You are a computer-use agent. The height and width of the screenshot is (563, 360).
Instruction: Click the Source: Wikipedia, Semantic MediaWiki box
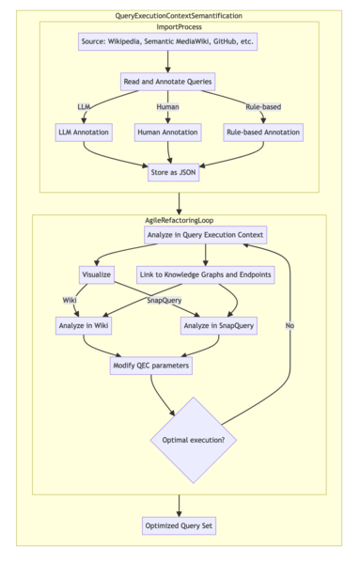pyautogui.click(x=167, y=42)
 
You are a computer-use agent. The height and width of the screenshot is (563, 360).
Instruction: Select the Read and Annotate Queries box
pyautogui.click(x=167, y=83)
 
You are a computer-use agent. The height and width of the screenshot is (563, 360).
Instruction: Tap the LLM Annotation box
pyautogui.click(x=84, y=133)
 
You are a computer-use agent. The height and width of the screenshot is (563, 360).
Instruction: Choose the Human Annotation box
pyautogui.click(x=167, y=133)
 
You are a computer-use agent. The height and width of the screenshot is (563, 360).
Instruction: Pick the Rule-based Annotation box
pyautogui.click(x=262, y=133)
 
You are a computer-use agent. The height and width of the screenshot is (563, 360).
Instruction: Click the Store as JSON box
pyautogui.click(x=175, y=172)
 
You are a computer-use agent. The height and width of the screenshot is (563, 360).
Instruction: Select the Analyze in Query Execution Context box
pyautogui.click(x=206, y=234)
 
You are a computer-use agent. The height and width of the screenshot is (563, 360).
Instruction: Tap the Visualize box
pyautogui.click(x=96, y=274)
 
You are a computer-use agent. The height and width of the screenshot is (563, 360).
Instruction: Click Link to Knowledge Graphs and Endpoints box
pyautogui.click(x=206, y=274)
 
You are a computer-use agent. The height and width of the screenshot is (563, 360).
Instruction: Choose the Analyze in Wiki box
pyautogui.click(x=83, y=325)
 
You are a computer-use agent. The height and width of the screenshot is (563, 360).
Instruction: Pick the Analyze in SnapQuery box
pyautogui.click(x=218, y=325)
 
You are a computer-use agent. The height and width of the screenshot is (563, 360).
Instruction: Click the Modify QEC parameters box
pyautogui.click(x=150, y=365)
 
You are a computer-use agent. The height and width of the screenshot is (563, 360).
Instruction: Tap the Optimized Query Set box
pyautogui.click(x=179, y=525)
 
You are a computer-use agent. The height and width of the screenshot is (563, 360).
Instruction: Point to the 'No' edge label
pyautogui.click(x=290, y=325)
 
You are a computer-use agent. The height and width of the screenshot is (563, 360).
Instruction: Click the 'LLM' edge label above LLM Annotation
pyautogui.click(x=84, y=106)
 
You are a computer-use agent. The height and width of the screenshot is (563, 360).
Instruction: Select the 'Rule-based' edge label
pyautogui.click(x=262, y=106)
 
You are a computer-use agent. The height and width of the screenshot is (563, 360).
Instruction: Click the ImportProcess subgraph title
pyautogui.click(x=179, y=26)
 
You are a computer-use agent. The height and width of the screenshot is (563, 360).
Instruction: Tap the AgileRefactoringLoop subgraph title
pyautogui.click(x=179, y=218)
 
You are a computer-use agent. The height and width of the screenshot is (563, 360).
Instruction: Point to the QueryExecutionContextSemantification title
pyautogui.click(x=179, y=16)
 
